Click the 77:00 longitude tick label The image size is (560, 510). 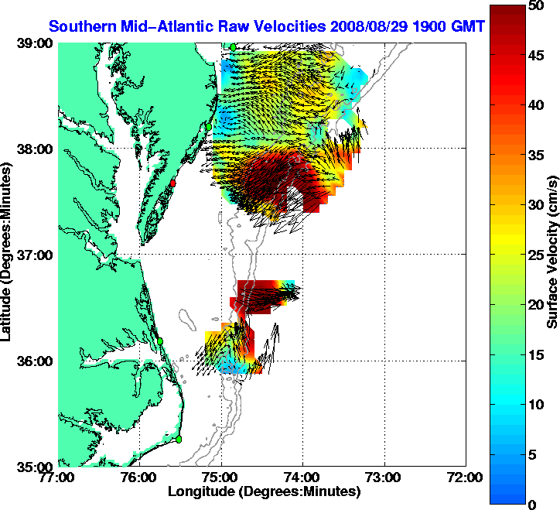(x=60, y=477)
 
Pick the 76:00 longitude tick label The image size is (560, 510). (x=140, y=477)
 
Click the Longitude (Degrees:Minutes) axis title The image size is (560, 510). (x=264, y=491)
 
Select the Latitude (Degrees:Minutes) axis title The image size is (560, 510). (x=7, y=255)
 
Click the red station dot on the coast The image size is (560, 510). (x=174, y=183)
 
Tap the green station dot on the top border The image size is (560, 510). (x=233, y=47)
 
